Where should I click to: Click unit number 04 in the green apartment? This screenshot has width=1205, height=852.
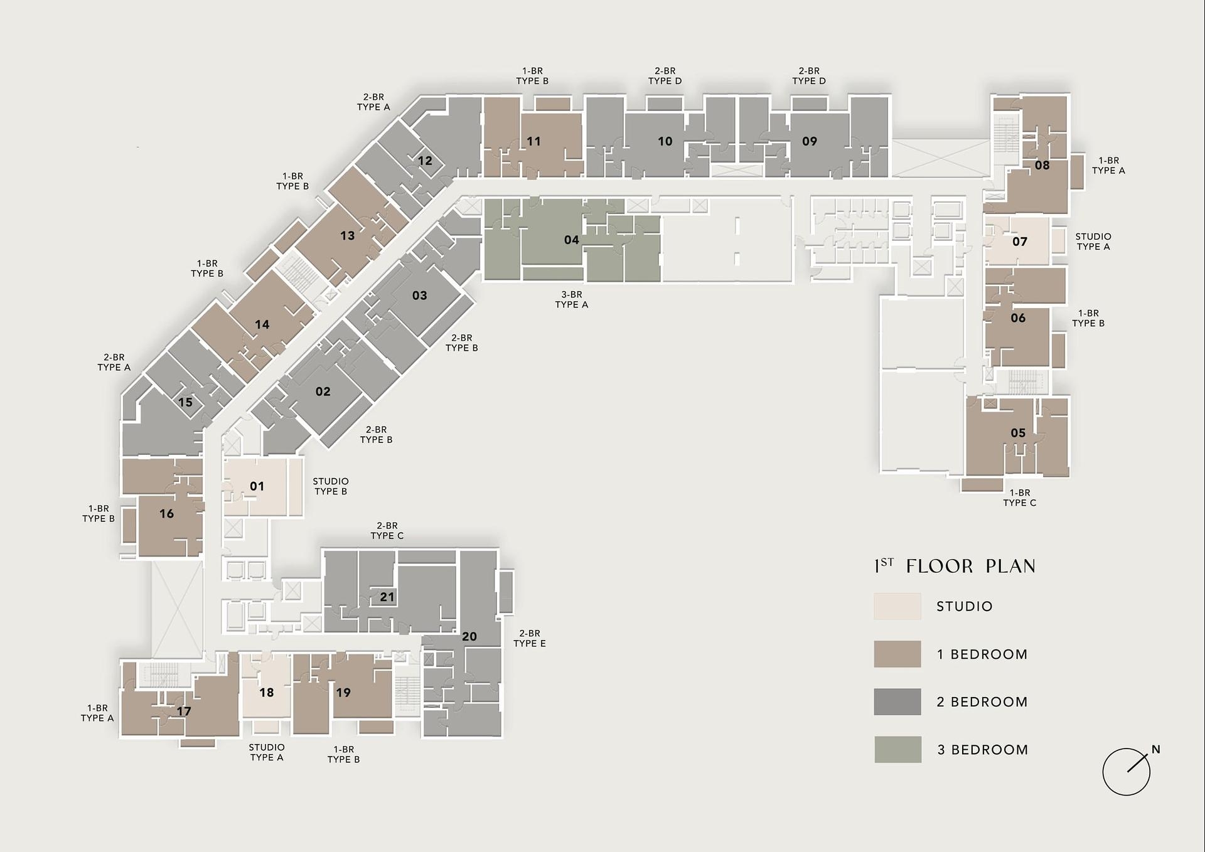point(571,240)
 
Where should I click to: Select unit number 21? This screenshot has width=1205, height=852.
point(387,597)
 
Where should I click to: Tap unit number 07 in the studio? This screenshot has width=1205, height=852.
point(1020,242)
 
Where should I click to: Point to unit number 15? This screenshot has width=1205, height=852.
point(185,402)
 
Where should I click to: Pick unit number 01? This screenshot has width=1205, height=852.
point(257,486)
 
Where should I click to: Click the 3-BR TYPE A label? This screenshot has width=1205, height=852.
point(572,299)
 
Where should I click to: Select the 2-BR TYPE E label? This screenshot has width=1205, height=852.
point(530,639)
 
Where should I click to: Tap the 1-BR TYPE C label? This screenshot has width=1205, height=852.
point(1020,498)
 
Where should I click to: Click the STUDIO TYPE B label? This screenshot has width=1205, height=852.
point(331,486)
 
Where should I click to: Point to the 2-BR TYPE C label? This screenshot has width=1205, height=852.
point(387,531)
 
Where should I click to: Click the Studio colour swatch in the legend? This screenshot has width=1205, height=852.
point(897,606)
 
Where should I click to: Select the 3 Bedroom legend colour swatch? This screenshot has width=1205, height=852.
point(898,749)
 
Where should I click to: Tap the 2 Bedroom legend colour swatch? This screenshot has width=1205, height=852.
point(897,701)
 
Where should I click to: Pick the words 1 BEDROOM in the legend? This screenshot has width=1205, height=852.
point(982,654)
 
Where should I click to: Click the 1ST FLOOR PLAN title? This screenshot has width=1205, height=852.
point(955,566)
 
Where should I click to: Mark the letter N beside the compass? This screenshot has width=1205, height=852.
point(1156,749)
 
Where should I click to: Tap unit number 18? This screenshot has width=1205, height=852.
point(267,693)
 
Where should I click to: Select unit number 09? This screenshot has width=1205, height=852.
point(810,141)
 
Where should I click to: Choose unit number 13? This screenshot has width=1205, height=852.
point(347,235)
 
